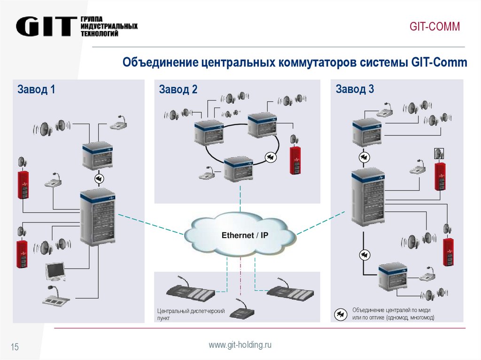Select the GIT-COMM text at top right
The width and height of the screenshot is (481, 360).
point(434,27)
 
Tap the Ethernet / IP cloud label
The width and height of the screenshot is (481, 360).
point(245,235)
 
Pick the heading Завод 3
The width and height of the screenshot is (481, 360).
point(355,89)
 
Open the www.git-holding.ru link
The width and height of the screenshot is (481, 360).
point(240,345)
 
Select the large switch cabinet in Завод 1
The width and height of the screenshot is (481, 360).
point(97,217)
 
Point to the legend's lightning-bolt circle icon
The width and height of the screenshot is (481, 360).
point(341,314)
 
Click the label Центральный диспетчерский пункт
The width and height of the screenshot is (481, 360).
point(191,314)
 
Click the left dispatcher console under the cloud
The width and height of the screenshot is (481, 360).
point(191,291)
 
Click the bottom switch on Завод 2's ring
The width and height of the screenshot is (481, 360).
point(239,169)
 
